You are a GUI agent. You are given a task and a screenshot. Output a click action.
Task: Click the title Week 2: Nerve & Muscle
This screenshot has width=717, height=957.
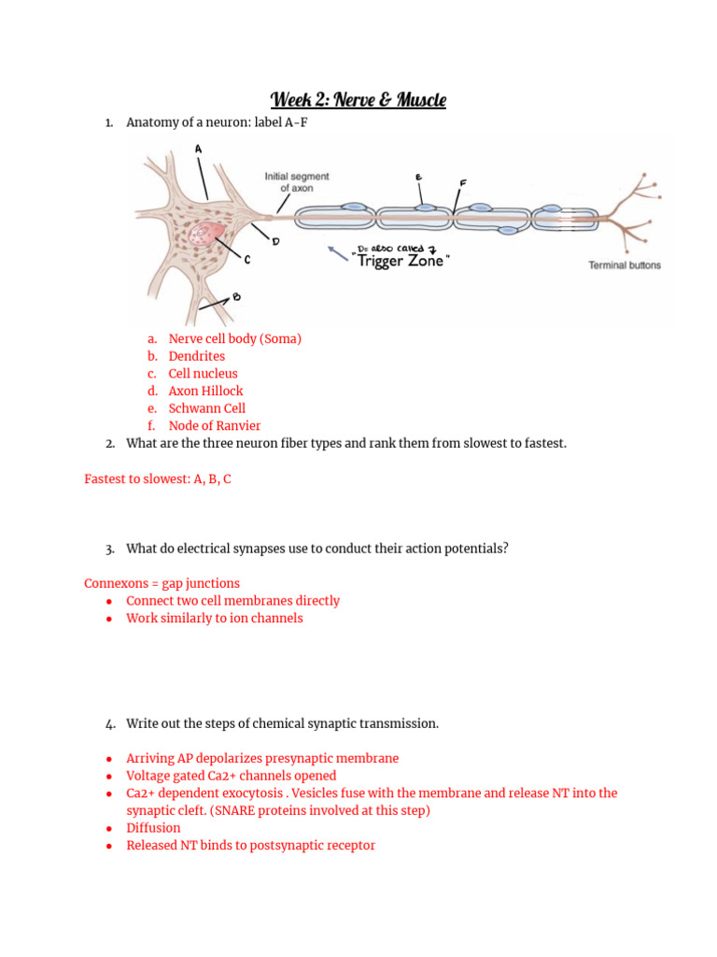click(x=358, y=100)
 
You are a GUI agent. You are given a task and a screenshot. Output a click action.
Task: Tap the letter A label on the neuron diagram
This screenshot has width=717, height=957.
click(x=198, y=149)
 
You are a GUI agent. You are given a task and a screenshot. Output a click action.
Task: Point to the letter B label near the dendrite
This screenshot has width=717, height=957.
click(x=236, y=298)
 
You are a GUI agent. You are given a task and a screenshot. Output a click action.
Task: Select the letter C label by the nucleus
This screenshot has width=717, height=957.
click(x=246, y=260)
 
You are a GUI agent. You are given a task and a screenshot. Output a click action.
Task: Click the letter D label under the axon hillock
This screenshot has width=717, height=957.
click(x=275, y=241)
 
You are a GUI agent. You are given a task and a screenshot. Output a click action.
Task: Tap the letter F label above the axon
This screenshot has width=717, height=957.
click(x=463, y=182)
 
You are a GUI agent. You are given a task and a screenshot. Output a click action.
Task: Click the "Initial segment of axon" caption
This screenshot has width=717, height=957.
click(x=296, y=181)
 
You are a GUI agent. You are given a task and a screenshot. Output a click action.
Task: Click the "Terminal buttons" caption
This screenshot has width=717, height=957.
click(x=624, y=265)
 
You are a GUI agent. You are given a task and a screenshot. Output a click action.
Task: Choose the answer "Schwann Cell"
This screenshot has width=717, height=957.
click(x=206, y=408)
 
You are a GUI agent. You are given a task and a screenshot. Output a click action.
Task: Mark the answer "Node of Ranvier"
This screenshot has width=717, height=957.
click(x=214, y=426)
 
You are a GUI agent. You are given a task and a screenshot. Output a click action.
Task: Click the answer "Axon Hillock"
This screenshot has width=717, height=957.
click(x=205, y=391)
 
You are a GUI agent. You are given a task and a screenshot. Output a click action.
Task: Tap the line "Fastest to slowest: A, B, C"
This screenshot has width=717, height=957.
click(x=158, y=478)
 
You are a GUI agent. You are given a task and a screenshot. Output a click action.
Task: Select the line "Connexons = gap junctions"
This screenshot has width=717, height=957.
click(x=162, y=583)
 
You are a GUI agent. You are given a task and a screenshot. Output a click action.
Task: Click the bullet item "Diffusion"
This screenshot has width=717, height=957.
click(x=153, y=828)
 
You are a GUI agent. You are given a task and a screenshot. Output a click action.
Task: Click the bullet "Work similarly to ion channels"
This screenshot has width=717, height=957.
click(x=214, y=618)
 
